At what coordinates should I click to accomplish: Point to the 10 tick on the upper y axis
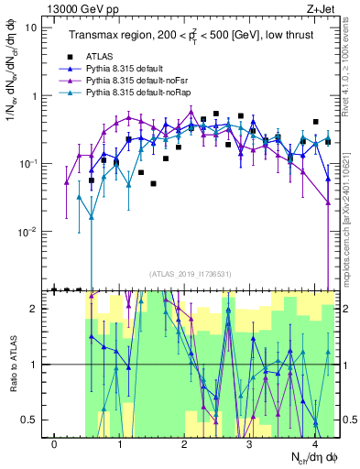tap(30, 27)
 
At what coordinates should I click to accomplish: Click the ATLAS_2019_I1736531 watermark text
tap(189, 274)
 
